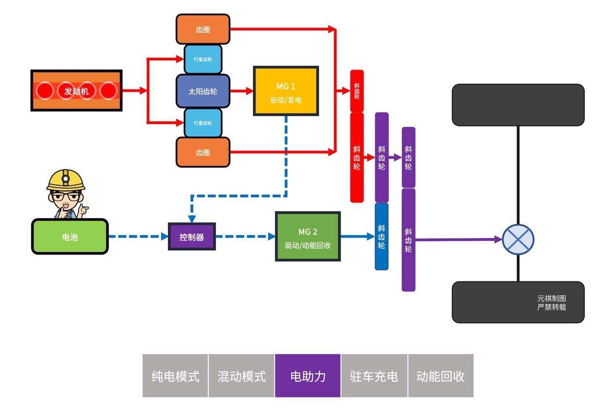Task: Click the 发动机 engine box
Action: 76,90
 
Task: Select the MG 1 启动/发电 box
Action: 286,91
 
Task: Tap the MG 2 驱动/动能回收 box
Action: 308,236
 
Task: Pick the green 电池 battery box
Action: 70,237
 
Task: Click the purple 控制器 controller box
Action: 192,237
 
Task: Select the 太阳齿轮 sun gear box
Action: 203,91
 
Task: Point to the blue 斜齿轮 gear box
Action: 381,237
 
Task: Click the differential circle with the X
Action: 518,239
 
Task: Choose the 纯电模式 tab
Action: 175,376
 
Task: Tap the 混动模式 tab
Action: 241,376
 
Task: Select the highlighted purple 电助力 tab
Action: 308,376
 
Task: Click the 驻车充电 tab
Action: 374,376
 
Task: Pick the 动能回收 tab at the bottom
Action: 441,376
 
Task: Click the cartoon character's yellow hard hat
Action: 66,179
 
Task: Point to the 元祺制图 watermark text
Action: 551,298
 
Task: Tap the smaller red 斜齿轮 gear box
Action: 357,91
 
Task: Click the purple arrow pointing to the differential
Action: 457,239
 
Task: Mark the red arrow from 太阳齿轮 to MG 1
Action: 241,91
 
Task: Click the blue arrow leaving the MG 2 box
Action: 358,237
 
